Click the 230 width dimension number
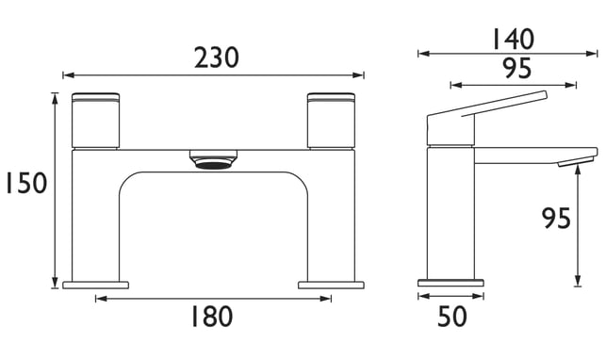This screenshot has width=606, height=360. pyautogui.click(x=217, y=57)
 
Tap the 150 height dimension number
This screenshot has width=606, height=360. pyautogui.click(x=26, y=183)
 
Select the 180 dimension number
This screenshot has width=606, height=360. pyautogui.click(x=212, y=317)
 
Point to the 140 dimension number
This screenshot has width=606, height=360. pyautogui.click(x=514, y=40)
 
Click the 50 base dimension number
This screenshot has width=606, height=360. pyautogui.click(x=452, y=317)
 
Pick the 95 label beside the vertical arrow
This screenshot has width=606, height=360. pyautogui.click(x=556, y=219)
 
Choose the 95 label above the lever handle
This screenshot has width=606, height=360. pyautogui.click(x=517, y=69)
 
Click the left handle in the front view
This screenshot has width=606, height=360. pyautogui.click(x=95, y=120)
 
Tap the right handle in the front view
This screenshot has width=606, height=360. pyautogui.click(x=331, y=120)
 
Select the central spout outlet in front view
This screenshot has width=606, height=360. pyautogui.click(x=213, y=159)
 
